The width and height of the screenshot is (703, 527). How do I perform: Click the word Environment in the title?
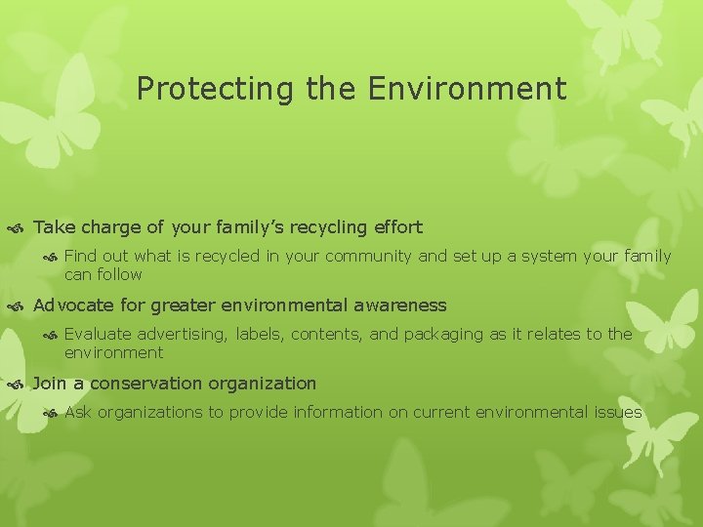[x=468, y=89]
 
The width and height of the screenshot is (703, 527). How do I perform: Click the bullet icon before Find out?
[x=52, y=257]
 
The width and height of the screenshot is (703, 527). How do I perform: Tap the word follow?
[x=119, y=274]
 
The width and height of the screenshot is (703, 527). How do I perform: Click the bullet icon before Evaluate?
[x=52, y=335]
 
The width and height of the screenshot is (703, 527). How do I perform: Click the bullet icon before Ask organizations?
[x=52, y=413]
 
